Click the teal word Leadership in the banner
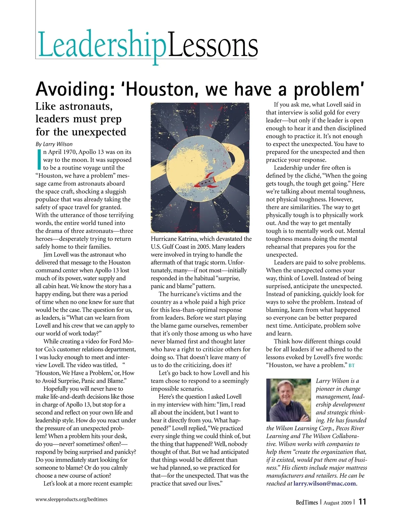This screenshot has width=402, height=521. (101, 45)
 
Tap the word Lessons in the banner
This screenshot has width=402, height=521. (213, 45)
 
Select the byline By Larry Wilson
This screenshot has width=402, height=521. (54, 144)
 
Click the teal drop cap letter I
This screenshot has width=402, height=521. (39, 160)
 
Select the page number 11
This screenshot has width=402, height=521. (362, 502)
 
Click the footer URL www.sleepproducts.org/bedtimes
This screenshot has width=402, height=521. (71, 499)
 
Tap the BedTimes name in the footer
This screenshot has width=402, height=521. (307, 502)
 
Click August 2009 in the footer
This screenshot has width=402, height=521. (337, 503)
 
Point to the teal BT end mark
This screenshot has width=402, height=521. (351, 365)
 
